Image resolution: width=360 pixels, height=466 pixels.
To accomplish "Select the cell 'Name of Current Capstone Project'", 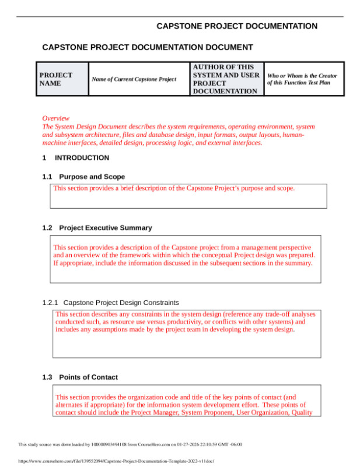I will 134,79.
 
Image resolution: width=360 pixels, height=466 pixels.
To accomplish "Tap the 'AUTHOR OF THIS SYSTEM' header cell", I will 226,79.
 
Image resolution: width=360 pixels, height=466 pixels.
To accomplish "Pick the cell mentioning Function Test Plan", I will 302,79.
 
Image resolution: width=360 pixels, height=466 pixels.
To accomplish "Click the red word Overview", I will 56,118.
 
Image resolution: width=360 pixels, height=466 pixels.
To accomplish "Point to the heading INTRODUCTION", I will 81,158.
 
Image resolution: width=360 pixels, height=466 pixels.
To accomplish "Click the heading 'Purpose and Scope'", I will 92,177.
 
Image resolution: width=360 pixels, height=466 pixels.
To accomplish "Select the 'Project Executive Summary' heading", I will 105,228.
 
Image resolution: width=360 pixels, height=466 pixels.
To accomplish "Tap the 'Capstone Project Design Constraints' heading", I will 121,303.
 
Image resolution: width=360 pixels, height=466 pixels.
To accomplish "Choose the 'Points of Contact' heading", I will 88,377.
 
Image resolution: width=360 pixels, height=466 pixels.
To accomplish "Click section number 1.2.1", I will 51,303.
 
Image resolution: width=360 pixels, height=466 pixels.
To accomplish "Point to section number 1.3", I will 47,377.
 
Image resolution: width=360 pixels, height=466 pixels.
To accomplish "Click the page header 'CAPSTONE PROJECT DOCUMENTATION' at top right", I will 237,26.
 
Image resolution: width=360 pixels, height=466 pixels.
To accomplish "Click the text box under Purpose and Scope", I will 187,196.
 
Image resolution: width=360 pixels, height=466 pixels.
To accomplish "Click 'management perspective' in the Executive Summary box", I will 275,247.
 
